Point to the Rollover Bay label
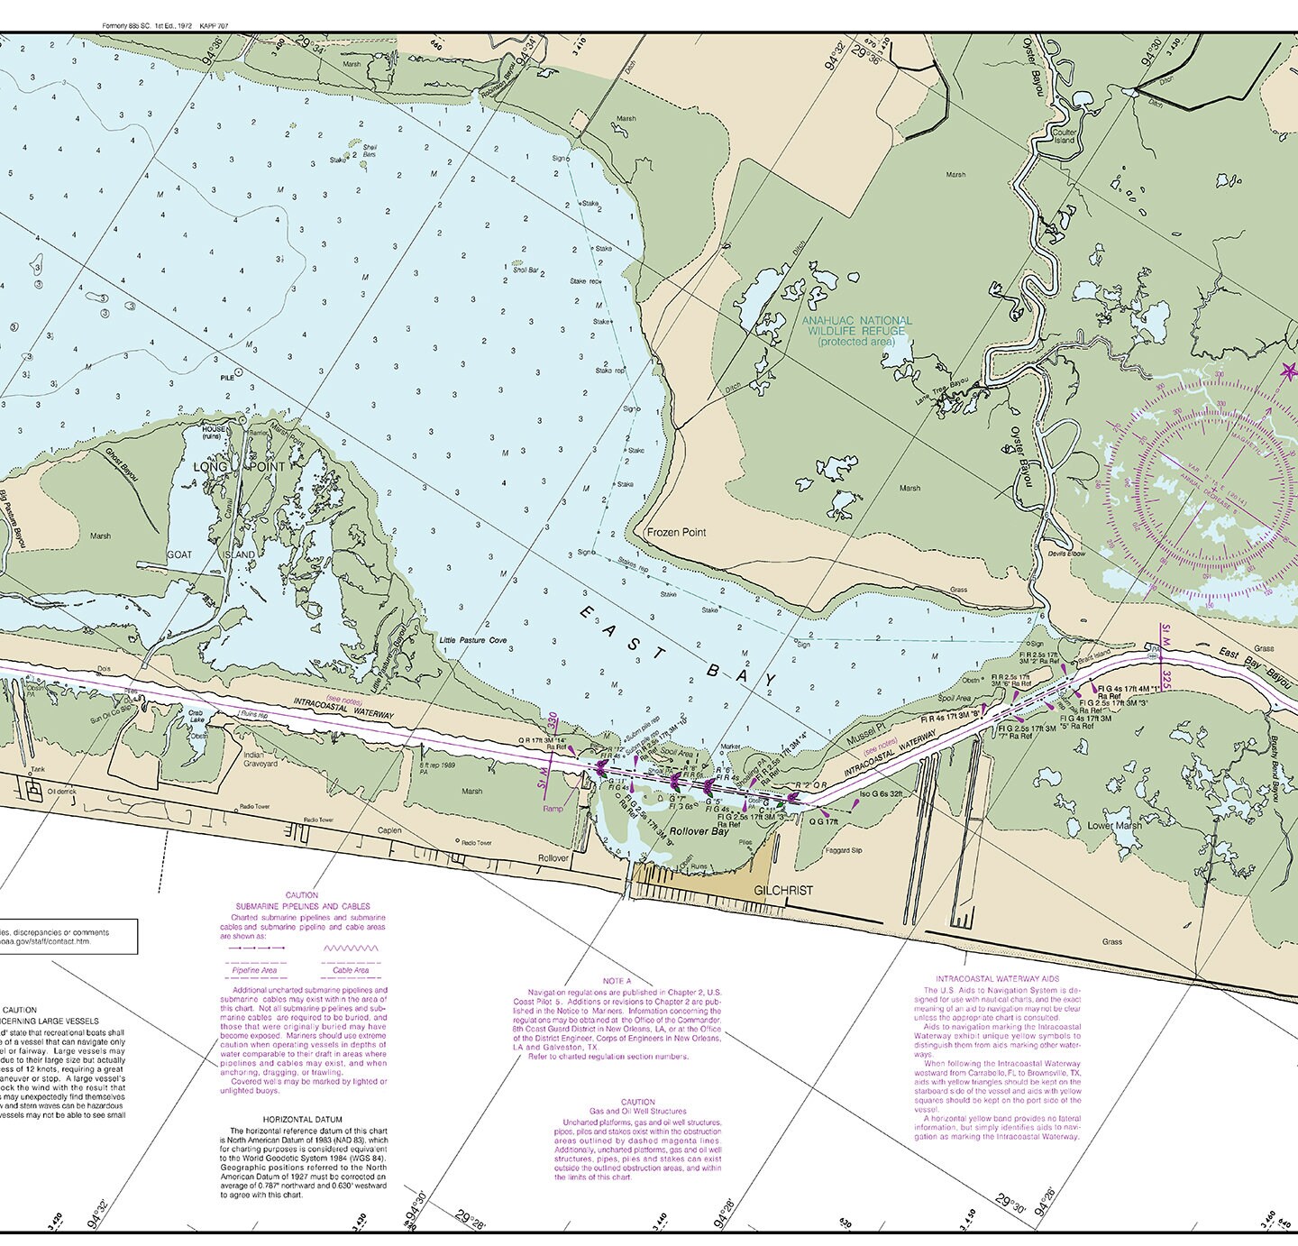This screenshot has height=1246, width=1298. coord(698,832)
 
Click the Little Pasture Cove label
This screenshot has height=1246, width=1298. coord(473,640)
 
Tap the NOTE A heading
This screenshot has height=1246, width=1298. coord(617,980)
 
